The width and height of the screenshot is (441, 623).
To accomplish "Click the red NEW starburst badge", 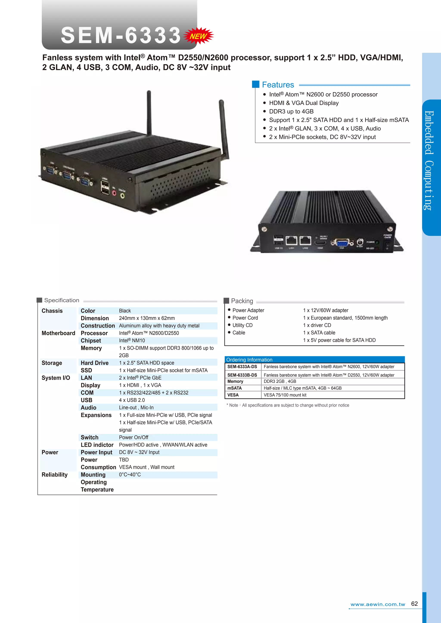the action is pos(199,36).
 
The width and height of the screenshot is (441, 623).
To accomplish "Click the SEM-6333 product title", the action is pos(121,35).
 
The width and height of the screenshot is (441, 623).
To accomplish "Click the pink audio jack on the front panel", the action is pos(114,193).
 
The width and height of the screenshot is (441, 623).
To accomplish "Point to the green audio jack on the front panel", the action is pos(123,195).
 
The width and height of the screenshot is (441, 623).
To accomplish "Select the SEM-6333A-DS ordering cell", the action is pos(242,367).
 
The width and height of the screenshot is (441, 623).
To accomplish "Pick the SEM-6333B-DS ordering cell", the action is pos(242,375).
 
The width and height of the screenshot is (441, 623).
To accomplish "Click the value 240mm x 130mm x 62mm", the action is pos(147,318).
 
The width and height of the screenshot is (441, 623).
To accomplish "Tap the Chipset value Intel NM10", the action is pos(132,341).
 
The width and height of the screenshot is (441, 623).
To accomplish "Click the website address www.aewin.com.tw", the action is pos(378,604).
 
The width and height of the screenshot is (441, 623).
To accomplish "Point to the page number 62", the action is pos(414,604).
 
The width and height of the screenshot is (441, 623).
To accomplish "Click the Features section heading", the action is pos(278,85).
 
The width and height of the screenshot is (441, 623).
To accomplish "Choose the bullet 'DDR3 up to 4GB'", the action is pos(291,111).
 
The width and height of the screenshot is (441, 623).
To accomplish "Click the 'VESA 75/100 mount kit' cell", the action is pos(285,395).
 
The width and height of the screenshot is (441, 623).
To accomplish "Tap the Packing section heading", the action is pos(242,301).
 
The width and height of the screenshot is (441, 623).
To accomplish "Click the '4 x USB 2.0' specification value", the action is pos(132,400).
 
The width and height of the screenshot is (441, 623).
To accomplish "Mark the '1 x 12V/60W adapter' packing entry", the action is pos(326,310).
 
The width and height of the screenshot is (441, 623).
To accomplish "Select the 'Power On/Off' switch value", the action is pos(134,437).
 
